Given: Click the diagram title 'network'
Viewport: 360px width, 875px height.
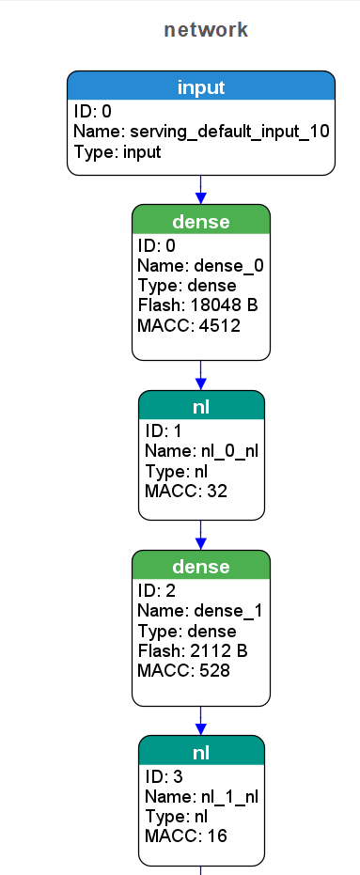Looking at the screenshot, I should click(x=206, y=30).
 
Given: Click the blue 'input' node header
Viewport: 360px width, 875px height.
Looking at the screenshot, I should click(x=201, y=87).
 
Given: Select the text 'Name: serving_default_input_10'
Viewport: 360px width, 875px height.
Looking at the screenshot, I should click(x=201, y=132).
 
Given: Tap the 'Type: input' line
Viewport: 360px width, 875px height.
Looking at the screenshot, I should click(x=117, y=152).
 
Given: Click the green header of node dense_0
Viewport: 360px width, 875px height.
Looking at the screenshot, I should click(x=201, y=222).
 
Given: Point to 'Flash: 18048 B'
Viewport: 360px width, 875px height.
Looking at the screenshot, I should click(x=197, y=306).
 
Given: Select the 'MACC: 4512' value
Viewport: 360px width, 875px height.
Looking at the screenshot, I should click(x=189, y=326).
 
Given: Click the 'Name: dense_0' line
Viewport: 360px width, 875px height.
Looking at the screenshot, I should click(x=200, y=266).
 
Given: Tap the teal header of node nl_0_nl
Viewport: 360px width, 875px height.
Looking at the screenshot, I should click(x=201, y=406).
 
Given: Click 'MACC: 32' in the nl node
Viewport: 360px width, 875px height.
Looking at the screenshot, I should click(x=186, y=490).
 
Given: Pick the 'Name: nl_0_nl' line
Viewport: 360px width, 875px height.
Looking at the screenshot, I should click(x=201, y=450).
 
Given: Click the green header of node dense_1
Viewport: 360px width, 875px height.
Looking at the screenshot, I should click(x=201, y=567).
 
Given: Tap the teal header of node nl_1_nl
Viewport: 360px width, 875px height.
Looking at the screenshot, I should click(x=201, y=752).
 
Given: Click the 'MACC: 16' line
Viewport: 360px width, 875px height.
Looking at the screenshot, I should click(x=186, y=836).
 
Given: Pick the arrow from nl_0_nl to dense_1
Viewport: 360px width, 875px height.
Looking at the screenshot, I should click(x=201, y=535).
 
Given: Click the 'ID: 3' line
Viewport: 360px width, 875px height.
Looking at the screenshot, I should click(x=164, y=776).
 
